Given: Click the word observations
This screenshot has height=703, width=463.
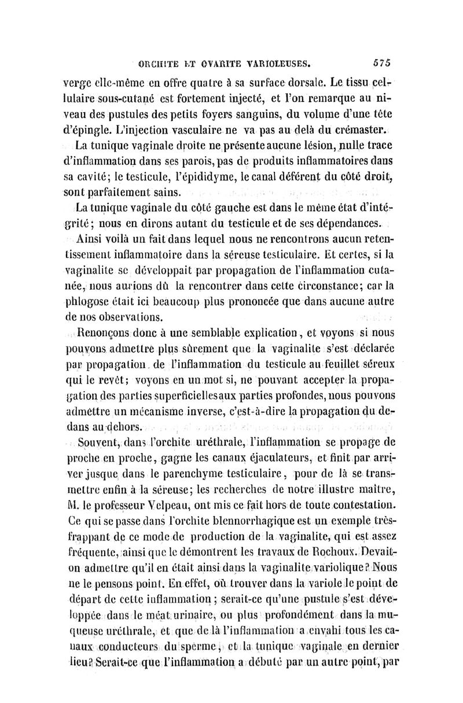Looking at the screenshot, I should (122, 316).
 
